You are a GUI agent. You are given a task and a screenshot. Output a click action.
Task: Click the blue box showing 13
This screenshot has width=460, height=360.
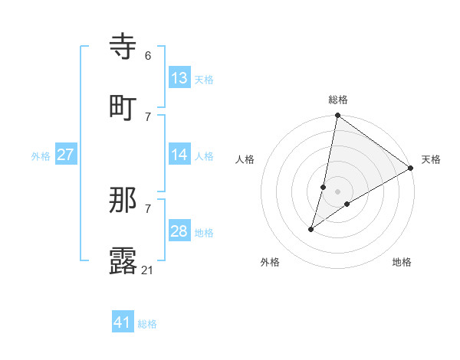[179, 78]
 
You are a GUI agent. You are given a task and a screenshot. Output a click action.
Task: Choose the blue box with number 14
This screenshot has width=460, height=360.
[179, 155]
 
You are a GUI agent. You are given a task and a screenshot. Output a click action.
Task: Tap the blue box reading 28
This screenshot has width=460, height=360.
[179, 231]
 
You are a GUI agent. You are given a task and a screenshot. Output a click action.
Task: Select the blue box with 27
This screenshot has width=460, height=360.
[66, 155]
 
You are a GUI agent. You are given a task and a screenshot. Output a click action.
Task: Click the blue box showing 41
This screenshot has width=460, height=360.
[123, 322]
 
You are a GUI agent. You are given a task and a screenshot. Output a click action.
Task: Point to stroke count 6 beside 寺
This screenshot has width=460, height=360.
[148, 56]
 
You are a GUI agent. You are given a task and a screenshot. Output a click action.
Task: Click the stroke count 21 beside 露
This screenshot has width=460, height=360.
[149, 269]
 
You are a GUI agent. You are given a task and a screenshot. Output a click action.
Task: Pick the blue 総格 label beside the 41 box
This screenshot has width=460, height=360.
[147, 324]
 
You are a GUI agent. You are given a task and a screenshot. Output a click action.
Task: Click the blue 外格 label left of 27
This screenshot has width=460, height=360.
[41, 156]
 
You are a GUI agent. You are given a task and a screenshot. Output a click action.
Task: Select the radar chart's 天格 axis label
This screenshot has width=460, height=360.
[431, 159]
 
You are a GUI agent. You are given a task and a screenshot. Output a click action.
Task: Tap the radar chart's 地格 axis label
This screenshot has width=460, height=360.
[402, 262]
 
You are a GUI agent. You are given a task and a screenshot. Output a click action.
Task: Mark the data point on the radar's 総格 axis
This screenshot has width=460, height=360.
[337, 116]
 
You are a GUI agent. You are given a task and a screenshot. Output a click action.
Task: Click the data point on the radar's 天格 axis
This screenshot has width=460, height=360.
[411, 168]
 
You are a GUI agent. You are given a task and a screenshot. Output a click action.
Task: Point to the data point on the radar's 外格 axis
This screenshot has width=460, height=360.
[311, 229]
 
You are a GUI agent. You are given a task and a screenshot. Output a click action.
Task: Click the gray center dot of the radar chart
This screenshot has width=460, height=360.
[337, 191]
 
